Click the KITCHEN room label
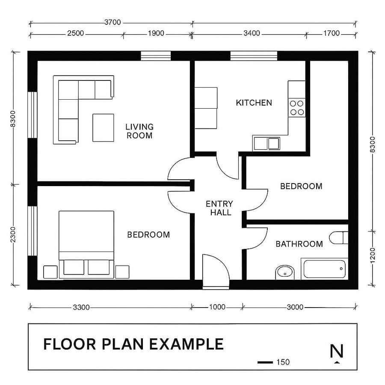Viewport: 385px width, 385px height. [254, 103]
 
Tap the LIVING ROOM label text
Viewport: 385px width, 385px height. [139, 131]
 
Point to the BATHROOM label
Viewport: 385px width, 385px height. [299, 244]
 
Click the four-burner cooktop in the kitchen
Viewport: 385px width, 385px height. [296, 107]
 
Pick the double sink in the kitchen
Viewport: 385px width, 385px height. [266, 143]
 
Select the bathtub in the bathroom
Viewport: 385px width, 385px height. [324, 269]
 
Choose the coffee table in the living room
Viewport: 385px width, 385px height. [103, 127]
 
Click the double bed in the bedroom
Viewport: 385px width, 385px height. [86, 242]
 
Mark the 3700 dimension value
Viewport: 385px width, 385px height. [112, 22]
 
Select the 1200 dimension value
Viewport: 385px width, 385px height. [373, 255]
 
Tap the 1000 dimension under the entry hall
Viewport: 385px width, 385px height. [217, 307]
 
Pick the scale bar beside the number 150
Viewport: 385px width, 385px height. [265, 362]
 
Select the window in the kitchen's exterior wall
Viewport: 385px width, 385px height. [254, 56]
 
